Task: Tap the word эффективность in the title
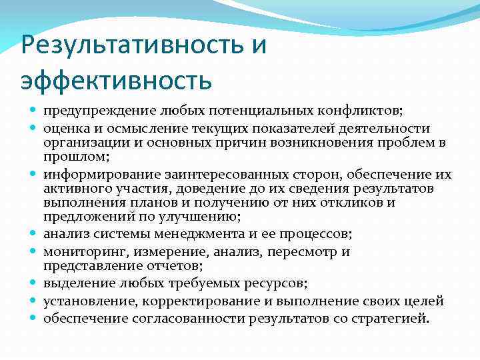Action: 116,81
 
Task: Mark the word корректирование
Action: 190,301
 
